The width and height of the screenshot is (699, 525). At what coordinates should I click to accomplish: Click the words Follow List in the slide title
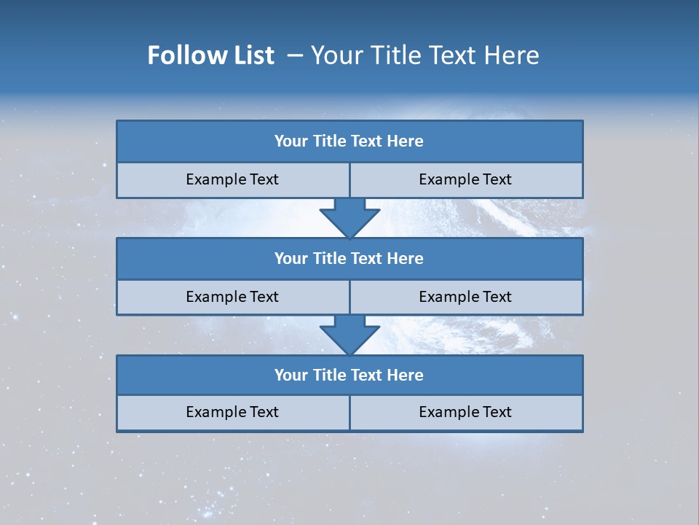click(x=210, y=55)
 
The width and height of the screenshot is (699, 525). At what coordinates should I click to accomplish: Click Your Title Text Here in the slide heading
click(x=424, y=55)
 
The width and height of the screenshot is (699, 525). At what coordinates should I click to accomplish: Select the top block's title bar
click(x=349, y=141)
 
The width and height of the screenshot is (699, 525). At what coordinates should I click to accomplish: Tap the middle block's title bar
click(x=349, y=259)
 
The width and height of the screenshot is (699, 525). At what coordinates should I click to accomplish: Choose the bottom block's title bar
click(x=349, y=376)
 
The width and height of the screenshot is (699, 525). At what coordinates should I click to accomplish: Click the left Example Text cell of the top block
click(x=232, y=180)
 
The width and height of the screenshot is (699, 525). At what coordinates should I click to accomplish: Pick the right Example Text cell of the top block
click(x=466, y=180)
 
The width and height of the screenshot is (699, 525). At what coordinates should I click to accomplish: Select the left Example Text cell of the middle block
click(x=232, y=297)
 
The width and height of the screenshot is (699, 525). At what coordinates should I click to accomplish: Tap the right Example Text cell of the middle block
click(x=466, y=297)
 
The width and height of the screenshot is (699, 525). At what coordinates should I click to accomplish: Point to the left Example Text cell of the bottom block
click(x=232, y=413)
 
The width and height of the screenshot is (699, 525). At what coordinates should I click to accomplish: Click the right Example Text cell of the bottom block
click(x=466, y=413)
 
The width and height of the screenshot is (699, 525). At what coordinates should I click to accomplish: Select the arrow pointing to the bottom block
click(x=349, y=335)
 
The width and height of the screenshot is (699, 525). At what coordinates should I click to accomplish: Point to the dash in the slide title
click(x=296, y=55)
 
